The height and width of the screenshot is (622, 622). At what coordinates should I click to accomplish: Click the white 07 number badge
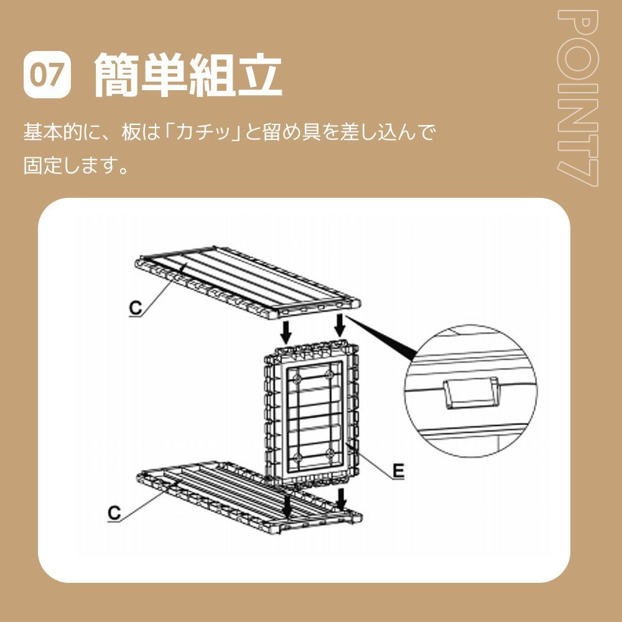(x=48, y=75)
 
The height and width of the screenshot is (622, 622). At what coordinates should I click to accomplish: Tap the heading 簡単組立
(x=188, y=75)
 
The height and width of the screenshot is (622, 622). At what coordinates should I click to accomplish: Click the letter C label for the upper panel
(x=136, y=307)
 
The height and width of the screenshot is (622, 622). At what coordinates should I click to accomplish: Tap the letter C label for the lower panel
(x=114, y=512)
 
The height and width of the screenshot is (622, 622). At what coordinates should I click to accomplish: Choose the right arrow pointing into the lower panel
(x=340, y=498)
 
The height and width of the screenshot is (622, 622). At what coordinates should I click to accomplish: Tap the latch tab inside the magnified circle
(x=470, y=394)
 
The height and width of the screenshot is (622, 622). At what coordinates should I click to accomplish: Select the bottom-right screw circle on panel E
(x=330, y=453)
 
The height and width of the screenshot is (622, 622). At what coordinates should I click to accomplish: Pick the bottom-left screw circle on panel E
(x=297, y=459)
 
